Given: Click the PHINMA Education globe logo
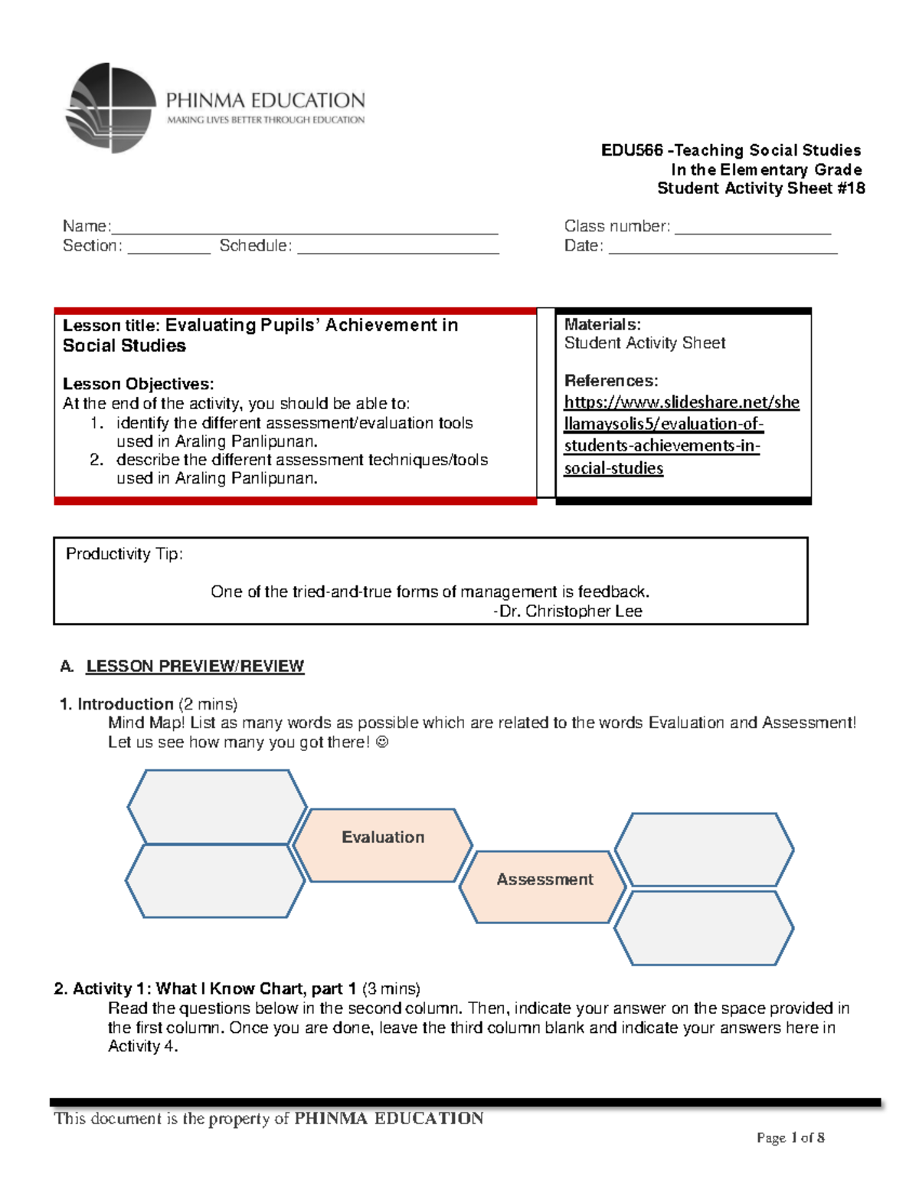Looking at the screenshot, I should pyautogui.click(x=112, y=108).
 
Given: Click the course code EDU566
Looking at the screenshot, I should pyautogui.click(x=631, y=150).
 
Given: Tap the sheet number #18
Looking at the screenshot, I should pyautogui.click(x=850, y=188).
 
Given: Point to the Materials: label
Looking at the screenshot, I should pyautogui.click(x=602, y=325).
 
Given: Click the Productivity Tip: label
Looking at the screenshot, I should pyautogui.click(x=124, y=554).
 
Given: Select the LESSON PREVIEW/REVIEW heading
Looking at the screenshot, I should pyautogui.click(x=195, y=666).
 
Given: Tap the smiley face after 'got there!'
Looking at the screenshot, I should pyautogui.click(x=383, y=742).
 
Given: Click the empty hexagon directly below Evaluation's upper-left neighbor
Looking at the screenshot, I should pyautogui.click(x=215, y=880).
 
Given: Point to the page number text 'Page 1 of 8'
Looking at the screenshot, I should pyautogui.click(x=790, y=1138).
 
